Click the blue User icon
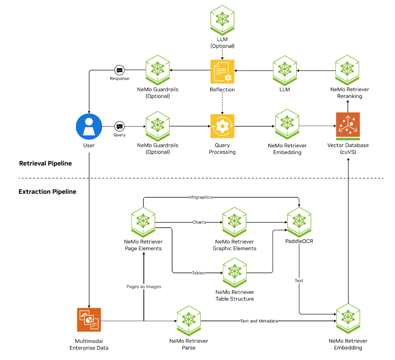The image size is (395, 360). click(x=89, y=126)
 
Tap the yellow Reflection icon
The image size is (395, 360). click(x=222, y=71)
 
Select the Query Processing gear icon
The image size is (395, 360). click(x=222, y=126)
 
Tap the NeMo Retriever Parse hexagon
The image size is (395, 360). click(x=189, y=320)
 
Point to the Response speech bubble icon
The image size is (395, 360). click(x=119, y=71)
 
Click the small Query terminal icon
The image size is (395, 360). click(x=119, y=126)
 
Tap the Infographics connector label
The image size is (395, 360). click(x=200, y=197)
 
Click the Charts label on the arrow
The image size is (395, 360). click(x=199, y=222)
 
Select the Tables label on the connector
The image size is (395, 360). click(x=198, y=273)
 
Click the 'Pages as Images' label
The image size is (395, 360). click(x=144, y=286)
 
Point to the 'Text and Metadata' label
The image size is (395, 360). click(x=259, y=321)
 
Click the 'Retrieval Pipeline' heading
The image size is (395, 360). click(x=45, y=163)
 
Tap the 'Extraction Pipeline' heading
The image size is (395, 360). click(x=47, y=192)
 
